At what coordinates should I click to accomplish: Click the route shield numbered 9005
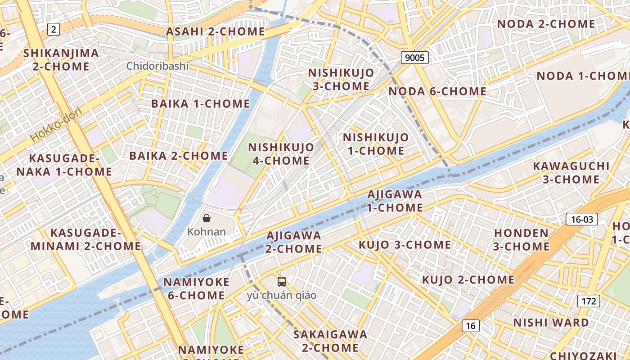(414, 57)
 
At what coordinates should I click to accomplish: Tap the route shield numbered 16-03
(582, 219)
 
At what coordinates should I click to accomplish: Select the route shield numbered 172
(589, 301)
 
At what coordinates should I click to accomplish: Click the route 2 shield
(54, 30)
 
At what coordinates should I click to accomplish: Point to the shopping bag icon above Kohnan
(207, 219)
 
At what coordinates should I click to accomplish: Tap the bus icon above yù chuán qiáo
(282, 282)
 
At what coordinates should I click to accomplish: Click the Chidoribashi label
(157, 66)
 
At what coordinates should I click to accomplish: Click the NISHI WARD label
(551, 323)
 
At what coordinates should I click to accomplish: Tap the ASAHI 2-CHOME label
(216, 31)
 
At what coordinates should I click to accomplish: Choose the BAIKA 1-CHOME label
(200, 103)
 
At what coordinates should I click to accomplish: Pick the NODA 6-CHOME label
(437, 91)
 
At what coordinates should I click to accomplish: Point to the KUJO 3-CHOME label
(405, 245)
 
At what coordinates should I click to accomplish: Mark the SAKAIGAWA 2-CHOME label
(330, 341)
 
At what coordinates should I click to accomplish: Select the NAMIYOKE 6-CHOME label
(196, 288)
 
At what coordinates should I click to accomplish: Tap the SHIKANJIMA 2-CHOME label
(61, 59)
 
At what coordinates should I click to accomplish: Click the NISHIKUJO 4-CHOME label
(281, 153)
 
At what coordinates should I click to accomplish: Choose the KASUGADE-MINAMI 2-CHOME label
(85, 239)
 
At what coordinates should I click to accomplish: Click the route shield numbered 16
(470, 326)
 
